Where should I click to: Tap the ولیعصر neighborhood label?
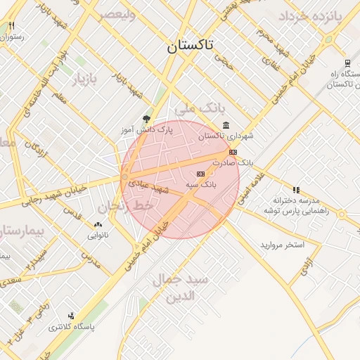(117, 13)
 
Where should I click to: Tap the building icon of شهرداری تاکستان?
(226, 126)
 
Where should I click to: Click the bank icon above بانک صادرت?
(233, 152)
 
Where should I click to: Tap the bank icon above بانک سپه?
(200, 173)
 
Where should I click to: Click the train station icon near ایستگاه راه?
(347, 62)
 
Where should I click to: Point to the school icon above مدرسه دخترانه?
(297, 190)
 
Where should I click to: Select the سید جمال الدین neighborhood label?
(180, 288)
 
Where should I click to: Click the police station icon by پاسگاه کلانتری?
(70, 316)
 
